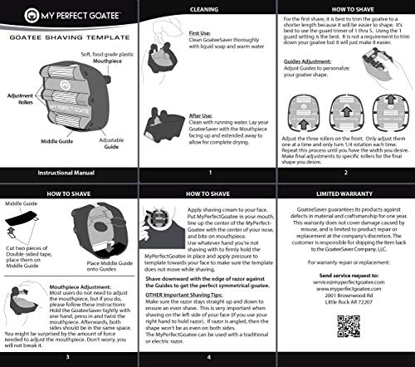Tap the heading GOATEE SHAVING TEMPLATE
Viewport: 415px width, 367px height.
point(68,38)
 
